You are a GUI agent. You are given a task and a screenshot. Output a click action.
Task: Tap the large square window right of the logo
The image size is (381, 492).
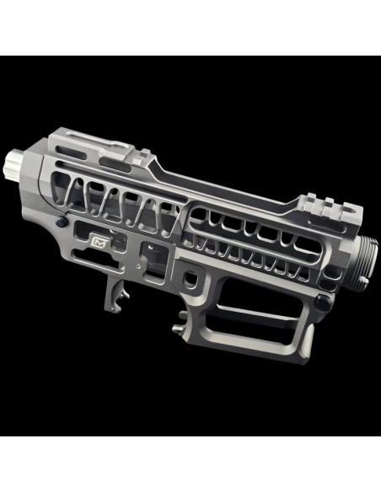pos(149,254)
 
